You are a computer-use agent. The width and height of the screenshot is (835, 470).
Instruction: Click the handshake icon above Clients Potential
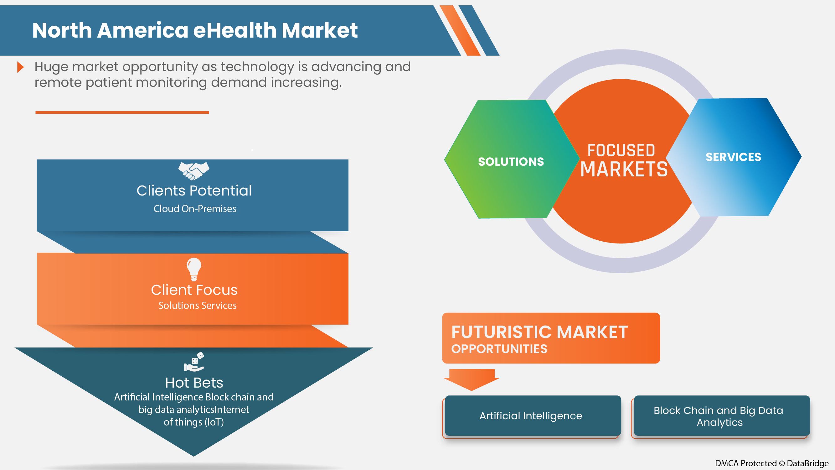194,171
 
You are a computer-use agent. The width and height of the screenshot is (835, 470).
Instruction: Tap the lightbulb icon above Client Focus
194,269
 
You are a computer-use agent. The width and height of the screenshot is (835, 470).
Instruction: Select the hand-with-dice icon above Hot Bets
194,362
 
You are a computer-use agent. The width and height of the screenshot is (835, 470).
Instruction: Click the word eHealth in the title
235,30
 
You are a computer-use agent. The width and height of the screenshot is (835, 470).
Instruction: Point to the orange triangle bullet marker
20,67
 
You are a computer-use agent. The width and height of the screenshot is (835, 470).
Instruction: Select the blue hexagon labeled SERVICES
733,157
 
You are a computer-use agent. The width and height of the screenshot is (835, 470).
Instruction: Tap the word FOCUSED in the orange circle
621,150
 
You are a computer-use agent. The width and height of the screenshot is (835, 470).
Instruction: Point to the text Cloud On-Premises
195,209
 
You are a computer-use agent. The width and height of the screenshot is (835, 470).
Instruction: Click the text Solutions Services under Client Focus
198,305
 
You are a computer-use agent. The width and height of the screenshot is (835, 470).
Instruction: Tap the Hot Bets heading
194,383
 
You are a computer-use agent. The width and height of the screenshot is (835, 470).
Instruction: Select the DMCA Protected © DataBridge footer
771,463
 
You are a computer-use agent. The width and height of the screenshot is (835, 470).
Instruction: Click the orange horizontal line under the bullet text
122,112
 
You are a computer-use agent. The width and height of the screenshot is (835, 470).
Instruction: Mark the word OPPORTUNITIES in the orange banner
499,349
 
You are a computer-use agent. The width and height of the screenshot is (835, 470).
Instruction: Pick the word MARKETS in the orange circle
624,169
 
